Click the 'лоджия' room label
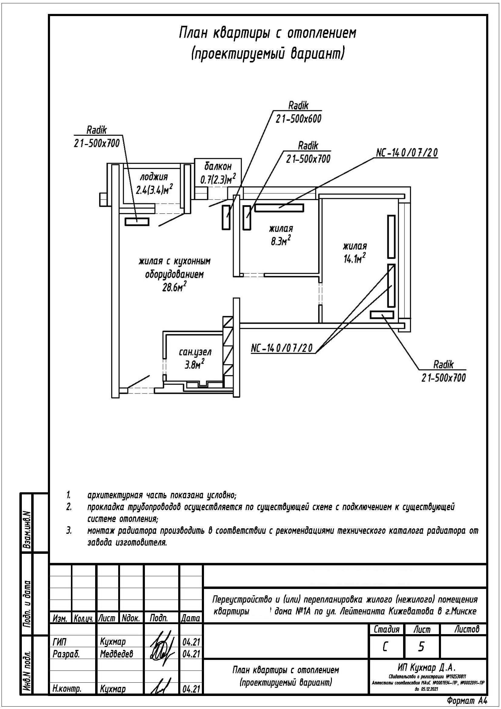pos(154,177)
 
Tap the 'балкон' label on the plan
pos(218,166)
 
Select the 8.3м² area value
pos(281,241)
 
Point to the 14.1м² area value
pos(355,258)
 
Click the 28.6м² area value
pos(174,287)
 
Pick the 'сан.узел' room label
pos(195,352)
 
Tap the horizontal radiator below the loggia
pos(137,221)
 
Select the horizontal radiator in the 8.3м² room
pos(279,208)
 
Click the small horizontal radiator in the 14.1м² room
pos(382,315)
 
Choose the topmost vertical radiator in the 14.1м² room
pos(391,236)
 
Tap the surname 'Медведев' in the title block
pos(116,654)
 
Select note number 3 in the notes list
pos(69,531)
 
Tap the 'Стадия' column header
pos(386,629)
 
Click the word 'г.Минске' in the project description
pos(461,611)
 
